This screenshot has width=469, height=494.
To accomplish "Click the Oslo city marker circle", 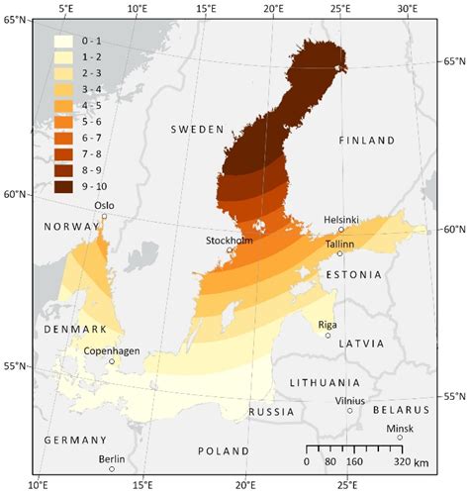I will coord(104,216).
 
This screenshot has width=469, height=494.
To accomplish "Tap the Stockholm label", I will coord(230,240).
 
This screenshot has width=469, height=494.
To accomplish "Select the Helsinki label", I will coord(341,219).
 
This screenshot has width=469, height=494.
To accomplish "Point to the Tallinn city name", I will coord(340,243).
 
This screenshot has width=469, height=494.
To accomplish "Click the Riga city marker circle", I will coord(328,336).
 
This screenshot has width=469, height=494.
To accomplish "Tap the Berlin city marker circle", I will coord(112,468).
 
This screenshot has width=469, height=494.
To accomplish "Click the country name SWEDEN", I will coord(199,130).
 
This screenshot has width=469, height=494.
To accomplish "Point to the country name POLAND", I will coord(224,450).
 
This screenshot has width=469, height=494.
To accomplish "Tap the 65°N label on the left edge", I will coord(18,21).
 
